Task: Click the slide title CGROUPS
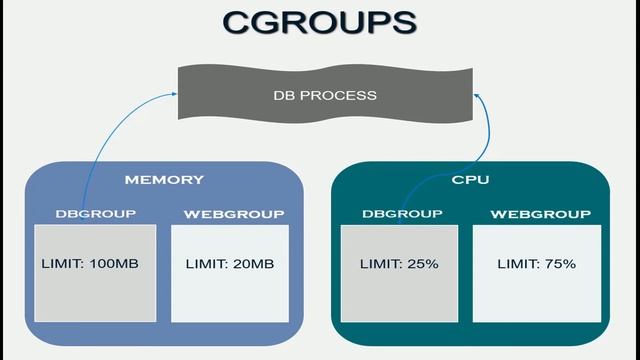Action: pyautogui.click(x=319, y=23)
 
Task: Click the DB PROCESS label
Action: pyautogui.click(x=325, y=96)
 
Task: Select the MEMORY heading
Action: pyautogui.click(x=164, y=180)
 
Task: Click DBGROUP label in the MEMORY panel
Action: pyautogui.click(x=96, y=214)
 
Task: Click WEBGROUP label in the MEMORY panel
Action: pyautogui.click(x=235, y=214)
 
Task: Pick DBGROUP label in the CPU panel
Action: pyautogui.click(x=399, y=214)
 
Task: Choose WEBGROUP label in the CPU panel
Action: pyautogui.click(x=536, y=214)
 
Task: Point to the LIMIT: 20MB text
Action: pyautogui.click(x=230, y=264)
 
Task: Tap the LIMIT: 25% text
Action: pyautogui.click(x=399, y=264)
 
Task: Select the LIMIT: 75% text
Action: pyautogui.click(x=536, y=264)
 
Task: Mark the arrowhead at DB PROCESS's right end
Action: pyautogui.click(x=477, y=94)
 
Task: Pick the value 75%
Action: pyautogui.click(x=560, y=264)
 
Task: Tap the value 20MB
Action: pyautogui.click(x=253, y=264)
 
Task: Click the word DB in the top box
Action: pyautogui.click(x=283, y=96)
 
